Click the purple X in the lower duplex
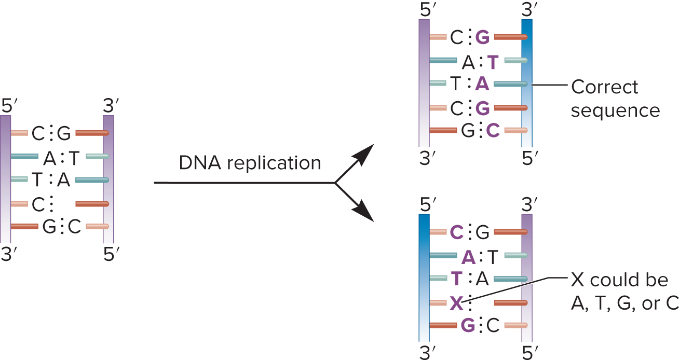coord(456,303)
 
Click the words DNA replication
coord(250,163)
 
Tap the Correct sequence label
coord(615,99)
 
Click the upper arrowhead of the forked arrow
coord(365,153)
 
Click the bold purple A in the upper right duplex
coord(483,85)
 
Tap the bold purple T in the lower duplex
coord(456,279)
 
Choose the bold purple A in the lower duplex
coord(468,256)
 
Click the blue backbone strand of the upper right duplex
coord(527,83)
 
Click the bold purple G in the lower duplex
coord(467,326)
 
